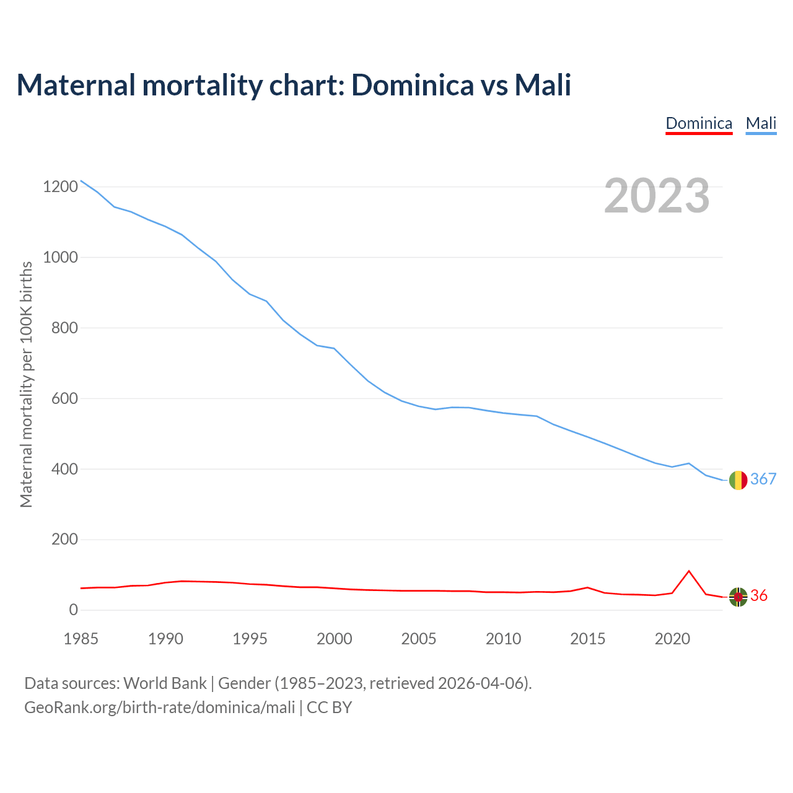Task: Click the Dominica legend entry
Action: tap(699, 123)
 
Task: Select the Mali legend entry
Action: tap(761, 123)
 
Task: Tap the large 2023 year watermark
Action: tap(657, 196)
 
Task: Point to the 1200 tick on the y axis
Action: tap(60, 186)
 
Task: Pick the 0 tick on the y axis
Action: tap(74, 610)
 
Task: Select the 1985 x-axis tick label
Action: tap(81, 639)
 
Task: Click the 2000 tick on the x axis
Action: tap(335, 639)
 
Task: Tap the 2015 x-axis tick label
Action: tap(588, 639)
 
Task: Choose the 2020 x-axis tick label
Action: tap(672, 639)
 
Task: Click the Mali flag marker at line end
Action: tap(738, 480)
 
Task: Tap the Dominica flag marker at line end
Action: tap(738, 597)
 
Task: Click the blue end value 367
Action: tap(763, 479)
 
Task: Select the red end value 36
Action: tap(759, 596)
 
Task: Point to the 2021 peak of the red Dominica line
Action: tap(689, 571)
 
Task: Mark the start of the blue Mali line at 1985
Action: tap(81, 181)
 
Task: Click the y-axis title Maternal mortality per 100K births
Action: tap(27, 384)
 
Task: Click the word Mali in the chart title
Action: tap(543, 85)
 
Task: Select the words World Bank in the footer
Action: tap(165, 683)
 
